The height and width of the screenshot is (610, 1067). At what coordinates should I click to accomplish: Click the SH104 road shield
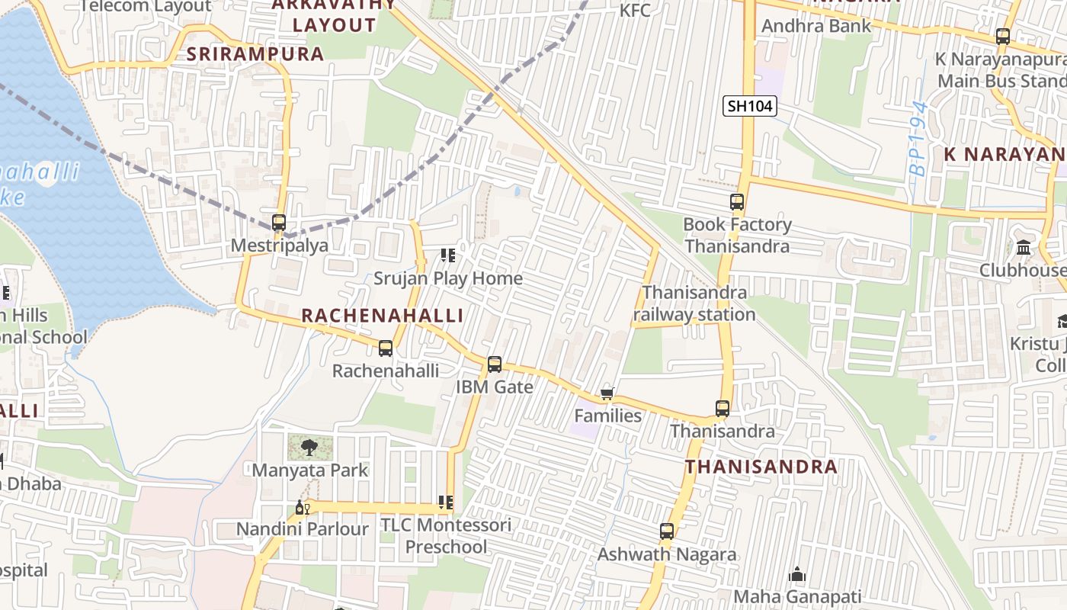[750, 106]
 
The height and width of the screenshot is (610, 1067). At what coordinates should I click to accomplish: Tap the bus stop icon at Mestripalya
[279, 223]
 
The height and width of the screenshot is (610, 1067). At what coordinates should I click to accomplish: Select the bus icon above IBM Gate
[495, 364]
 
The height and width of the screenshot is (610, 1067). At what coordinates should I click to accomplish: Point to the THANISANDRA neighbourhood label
[761, 467]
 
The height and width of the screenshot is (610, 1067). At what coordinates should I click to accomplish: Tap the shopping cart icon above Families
[607, 394]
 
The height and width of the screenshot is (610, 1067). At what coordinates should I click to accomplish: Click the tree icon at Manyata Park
[309, 448]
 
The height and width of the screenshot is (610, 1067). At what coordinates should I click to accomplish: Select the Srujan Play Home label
[448, 278]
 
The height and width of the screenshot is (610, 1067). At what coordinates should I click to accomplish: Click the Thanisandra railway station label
[694, 303]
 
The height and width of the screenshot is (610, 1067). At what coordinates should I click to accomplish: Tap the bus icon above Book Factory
[736, 202]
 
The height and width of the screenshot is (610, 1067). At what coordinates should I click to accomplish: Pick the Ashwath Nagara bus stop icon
[667, 531]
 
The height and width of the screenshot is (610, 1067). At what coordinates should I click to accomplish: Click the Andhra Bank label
[816, 26]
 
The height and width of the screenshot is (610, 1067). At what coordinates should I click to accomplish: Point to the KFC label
[636, 11]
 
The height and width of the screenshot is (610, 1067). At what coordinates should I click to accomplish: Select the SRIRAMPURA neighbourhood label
[256, 54]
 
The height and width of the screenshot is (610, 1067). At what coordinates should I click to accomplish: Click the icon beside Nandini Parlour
[303, 508]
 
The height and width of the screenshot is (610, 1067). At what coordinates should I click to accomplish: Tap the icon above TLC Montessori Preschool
[446, 503]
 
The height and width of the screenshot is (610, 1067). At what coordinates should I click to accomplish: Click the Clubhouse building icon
[1024, 248]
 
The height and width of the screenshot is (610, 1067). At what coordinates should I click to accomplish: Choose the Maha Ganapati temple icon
[797, 574]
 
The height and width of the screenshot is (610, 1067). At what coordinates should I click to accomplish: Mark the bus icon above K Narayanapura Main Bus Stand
[1003, 36]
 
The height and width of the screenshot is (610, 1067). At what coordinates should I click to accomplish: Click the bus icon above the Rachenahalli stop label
[386, 348]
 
